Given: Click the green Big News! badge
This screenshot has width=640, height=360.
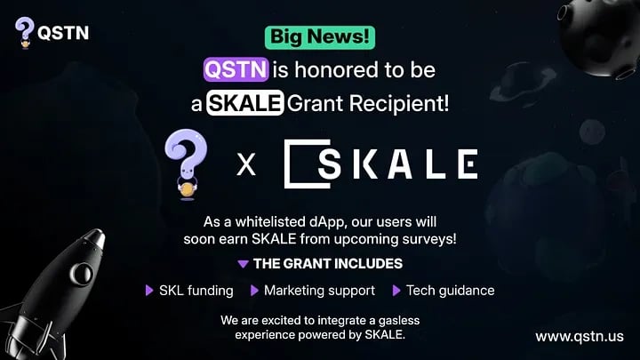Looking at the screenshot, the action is [320, 37].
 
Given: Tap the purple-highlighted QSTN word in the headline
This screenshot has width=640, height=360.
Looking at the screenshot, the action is [236, 69].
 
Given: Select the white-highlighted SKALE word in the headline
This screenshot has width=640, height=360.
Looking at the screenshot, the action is [245, 102].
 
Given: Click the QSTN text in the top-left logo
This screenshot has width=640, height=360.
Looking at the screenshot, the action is [63, 33].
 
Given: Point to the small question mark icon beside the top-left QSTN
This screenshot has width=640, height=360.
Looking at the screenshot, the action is [25, 33].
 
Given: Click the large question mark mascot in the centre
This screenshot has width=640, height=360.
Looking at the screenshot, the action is [186, 164].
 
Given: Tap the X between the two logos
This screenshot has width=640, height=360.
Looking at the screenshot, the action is [246, 164].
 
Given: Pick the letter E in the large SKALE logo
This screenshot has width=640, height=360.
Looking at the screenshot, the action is [468, 164].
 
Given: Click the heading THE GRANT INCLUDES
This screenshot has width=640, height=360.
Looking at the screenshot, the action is [328, 264].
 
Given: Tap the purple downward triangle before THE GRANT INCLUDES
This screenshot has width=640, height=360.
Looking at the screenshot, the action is [243, 264].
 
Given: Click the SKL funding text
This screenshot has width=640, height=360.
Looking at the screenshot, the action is [196, 291].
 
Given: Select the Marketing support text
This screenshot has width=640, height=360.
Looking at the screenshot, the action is [320, 291].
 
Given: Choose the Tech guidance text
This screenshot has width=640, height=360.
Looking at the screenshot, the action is [450, 291].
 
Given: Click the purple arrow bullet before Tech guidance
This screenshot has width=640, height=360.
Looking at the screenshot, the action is [396, 291].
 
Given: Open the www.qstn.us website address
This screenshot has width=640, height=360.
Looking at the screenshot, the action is [580, 337].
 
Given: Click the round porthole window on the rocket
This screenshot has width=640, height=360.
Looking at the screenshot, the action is [81, 273].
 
